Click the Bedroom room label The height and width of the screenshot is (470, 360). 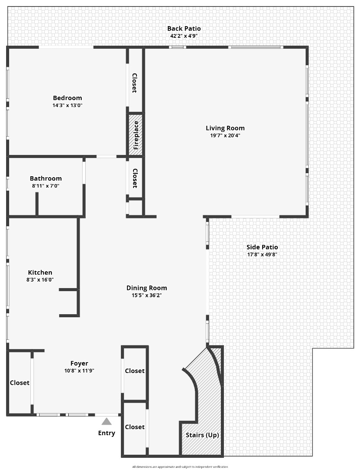67,98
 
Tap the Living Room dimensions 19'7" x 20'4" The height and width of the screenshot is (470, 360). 225,135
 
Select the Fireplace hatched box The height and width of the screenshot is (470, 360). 135,135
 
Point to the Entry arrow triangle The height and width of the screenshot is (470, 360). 107,421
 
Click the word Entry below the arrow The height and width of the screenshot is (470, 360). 107,433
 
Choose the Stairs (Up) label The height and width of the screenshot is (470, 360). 202,435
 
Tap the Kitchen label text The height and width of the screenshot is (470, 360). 40,272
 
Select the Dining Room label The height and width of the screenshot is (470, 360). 147,288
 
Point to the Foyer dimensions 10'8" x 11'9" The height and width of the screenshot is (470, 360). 79,371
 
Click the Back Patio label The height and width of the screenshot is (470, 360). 184,29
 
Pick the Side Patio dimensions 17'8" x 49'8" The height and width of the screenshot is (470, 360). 262,255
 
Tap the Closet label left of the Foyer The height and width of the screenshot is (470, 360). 20,383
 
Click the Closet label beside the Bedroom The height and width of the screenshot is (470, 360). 134,83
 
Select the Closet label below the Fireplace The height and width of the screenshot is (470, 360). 135,178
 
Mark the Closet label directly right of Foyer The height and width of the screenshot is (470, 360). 135,371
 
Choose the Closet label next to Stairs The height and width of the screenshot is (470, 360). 135,427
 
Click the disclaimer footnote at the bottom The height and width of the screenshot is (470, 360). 180,467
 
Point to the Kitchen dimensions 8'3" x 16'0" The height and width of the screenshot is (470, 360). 40,280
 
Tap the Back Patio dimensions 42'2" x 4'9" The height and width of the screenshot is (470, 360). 184,36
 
